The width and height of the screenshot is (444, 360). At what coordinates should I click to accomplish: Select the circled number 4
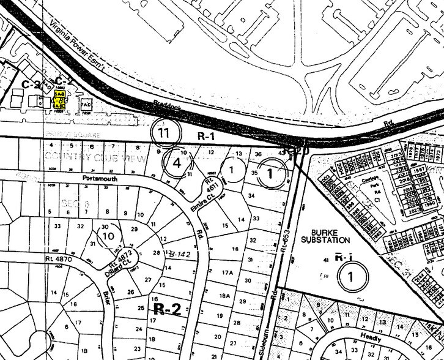(176, 163)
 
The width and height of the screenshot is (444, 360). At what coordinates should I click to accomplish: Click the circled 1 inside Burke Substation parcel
(350, 276)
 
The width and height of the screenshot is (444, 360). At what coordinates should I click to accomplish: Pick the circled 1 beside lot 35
(270, 173)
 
